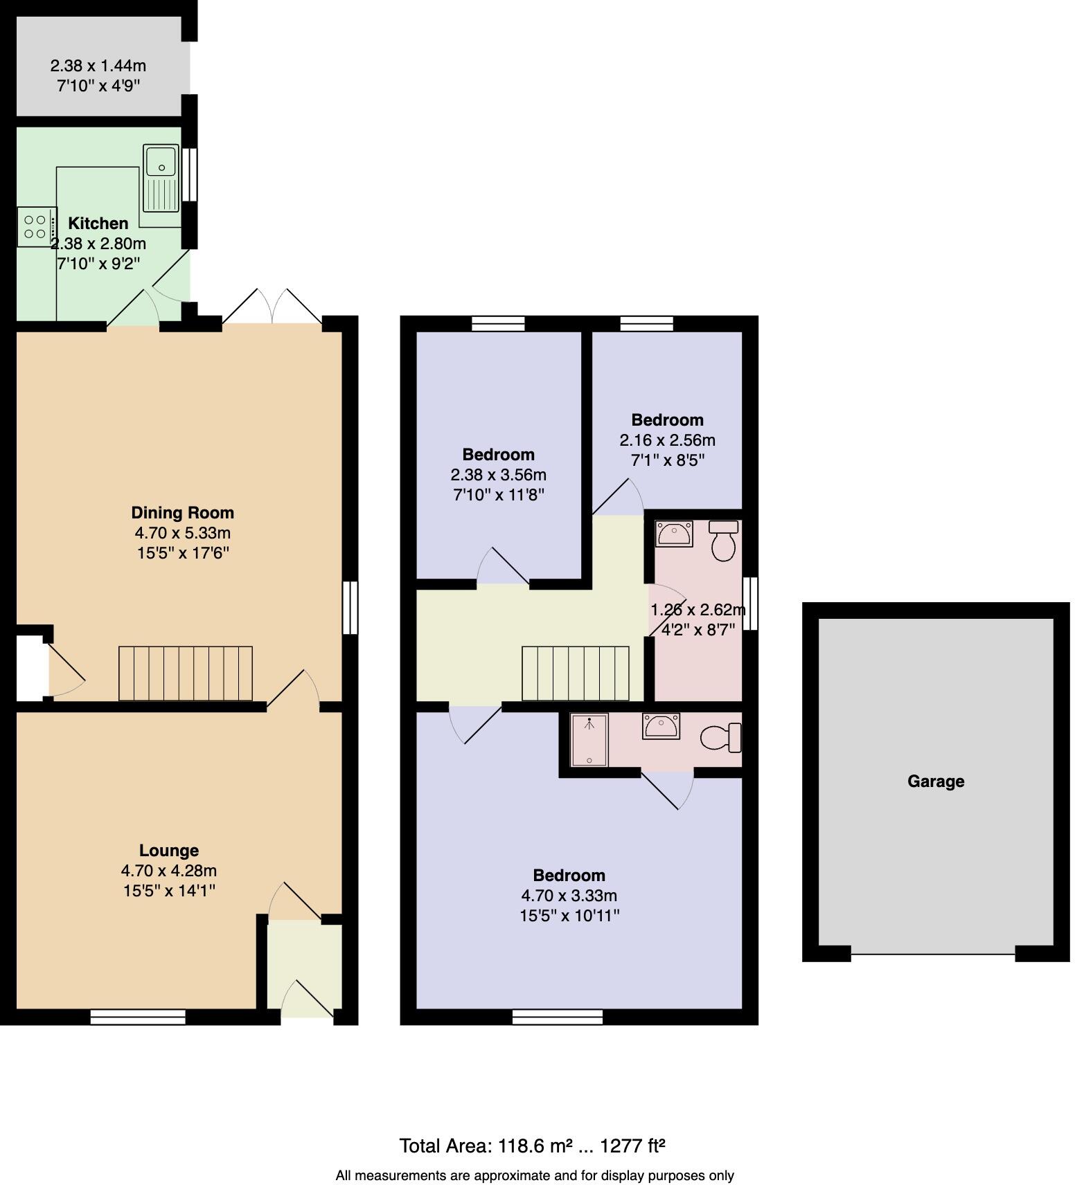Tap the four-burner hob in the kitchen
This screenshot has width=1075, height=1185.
tap(35, 227)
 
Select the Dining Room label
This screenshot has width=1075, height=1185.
tap(183, 513)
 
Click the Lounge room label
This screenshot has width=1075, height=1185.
tap(169, 851)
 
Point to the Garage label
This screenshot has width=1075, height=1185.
tap(936, 781)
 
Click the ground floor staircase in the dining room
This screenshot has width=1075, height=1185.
tap(186, 673)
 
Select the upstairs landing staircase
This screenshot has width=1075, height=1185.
tap(575, 673)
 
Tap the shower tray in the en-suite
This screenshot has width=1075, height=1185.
tap(589, 741)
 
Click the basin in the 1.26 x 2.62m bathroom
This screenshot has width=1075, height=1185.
tap(674, 534)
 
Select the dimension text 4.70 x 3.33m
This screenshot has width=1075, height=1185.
tap(569, 896)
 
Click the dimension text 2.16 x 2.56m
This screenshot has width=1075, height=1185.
tap(668, 440)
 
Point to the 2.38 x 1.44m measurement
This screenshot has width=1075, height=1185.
tap(98, 66)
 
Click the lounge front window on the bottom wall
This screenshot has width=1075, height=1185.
tap(138, 1016)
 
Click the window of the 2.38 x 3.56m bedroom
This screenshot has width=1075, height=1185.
tap(498, 323)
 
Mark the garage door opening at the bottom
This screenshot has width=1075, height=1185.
tap(933, 955)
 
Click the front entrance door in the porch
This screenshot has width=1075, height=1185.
tap(308, 1001)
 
